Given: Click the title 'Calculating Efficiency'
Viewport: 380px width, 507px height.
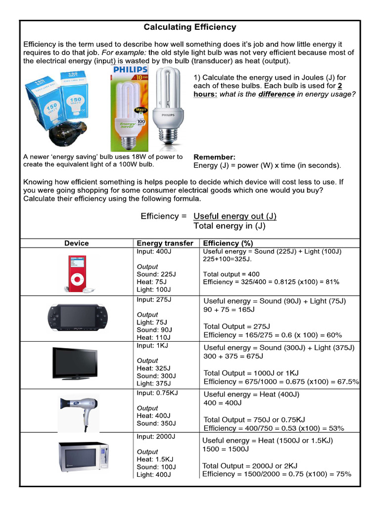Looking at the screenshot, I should point(190,27).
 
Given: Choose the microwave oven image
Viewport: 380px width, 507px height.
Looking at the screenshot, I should point(83,456).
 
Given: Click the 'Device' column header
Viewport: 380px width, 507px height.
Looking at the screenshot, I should point(77,243).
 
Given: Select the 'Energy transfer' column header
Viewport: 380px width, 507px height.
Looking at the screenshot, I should point(165,243).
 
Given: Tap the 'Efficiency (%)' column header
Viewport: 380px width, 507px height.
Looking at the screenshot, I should point(228,243).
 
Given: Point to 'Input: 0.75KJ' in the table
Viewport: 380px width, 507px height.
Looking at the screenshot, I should point(157,393).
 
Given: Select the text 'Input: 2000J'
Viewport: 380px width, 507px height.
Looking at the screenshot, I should point(156,436).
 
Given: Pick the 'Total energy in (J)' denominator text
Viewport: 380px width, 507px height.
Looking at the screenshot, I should point(229,226).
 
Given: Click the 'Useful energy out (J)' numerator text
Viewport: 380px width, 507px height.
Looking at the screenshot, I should point(235,216).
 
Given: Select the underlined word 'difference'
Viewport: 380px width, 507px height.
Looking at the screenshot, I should point(276,94).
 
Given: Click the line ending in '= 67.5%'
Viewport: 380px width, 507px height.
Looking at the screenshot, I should point(281,382).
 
